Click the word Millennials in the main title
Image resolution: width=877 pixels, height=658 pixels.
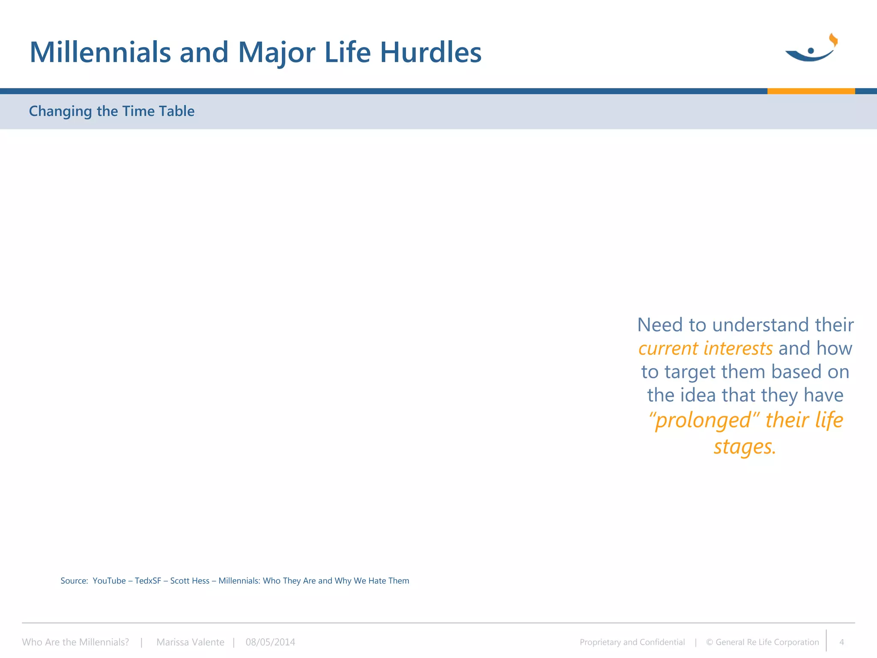point(100,52)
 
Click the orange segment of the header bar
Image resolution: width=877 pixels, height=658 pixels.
point(811,91)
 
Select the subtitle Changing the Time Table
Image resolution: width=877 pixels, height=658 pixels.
point(111,111)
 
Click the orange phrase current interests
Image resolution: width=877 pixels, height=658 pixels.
point(705,348)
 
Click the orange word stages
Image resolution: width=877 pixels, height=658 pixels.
point(744,446)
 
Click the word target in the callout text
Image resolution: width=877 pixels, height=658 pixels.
point(690,372)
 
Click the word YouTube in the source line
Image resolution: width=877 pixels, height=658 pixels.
point(109,581)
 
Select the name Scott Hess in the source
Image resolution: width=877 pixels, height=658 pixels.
point(190,581)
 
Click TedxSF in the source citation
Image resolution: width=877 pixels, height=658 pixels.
point(148,581)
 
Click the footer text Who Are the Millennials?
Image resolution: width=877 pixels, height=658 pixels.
point(75,642)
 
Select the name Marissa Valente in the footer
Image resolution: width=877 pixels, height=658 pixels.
point(190,642)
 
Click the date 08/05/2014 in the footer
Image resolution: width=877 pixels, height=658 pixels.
point(270,642)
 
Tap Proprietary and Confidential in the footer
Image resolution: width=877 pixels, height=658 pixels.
point(632,642)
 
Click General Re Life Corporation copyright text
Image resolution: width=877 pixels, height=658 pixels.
point(767,642)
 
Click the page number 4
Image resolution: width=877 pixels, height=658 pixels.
point(841,642)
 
